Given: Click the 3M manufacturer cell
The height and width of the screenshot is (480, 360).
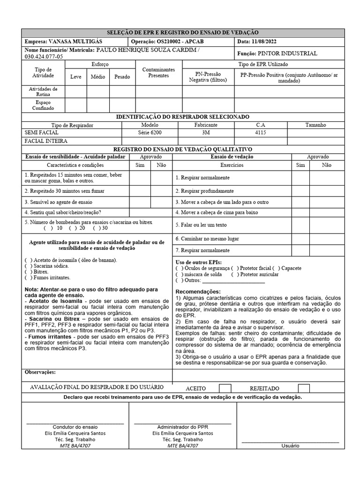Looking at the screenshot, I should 206,133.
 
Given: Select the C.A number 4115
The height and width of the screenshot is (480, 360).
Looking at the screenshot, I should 260,133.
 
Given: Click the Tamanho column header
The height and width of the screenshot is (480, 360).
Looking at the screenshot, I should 315,125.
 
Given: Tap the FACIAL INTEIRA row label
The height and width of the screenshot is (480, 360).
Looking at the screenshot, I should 46,141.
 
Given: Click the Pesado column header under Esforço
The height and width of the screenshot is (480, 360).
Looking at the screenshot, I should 122,77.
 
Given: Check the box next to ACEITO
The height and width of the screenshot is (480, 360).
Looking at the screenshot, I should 225,388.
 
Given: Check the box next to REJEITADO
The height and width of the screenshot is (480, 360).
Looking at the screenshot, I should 304,388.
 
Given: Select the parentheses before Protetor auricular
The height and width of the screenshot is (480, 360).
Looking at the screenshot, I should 234,274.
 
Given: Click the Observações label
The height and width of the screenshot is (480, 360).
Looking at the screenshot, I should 40,372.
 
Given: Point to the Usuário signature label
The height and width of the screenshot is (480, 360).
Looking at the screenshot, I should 290,446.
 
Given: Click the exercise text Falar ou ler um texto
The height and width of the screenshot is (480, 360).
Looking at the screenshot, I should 201,225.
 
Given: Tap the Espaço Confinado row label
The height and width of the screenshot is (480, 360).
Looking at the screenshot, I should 43,105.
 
